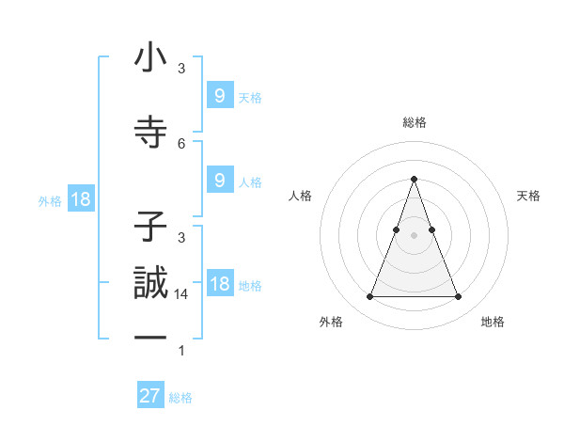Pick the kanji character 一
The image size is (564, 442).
[150, 338]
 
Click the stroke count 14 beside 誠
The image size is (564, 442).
[182, 294]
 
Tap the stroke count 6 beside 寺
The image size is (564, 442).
[181, 143]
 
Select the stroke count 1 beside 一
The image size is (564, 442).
[181, 351]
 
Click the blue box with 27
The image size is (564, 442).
[150, 396]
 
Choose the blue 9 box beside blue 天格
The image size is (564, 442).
[219, 95]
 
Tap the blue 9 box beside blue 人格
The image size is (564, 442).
[219, 181]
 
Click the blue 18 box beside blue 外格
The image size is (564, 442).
[80, 199]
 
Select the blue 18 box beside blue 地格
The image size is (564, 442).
[219, 284]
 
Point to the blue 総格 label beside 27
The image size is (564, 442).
[180, 398]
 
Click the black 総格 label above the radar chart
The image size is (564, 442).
[414, 122]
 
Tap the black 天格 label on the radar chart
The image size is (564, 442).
[528, 196]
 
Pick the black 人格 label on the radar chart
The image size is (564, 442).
[300, 196]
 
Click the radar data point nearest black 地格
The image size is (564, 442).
[458, 297]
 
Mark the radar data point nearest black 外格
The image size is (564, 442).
[369, 297]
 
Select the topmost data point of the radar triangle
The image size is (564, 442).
[414, 179]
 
